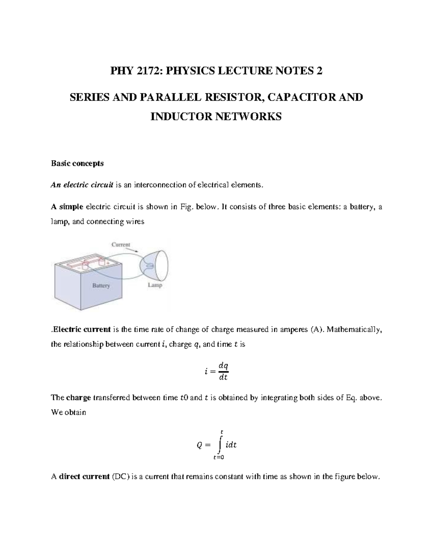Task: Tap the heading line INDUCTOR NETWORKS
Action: click(216, 116)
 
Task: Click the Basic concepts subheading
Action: click(77, 163)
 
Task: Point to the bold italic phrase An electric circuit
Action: click(82, 185)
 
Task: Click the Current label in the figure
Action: click(121, 244)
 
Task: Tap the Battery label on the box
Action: click(101, 286)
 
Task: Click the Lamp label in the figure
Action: click(155, 285)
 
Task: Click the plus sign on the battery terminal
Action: click(108, 263)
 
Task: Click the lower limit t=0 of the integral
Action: click(219, 458)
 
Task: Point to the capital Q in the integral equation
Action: click(199, 445)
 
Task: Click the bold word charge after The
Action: click(79, 398)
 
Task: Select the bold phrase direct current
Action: click(84, 477)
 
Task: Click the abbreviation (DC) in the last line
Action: click(120, 477)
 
